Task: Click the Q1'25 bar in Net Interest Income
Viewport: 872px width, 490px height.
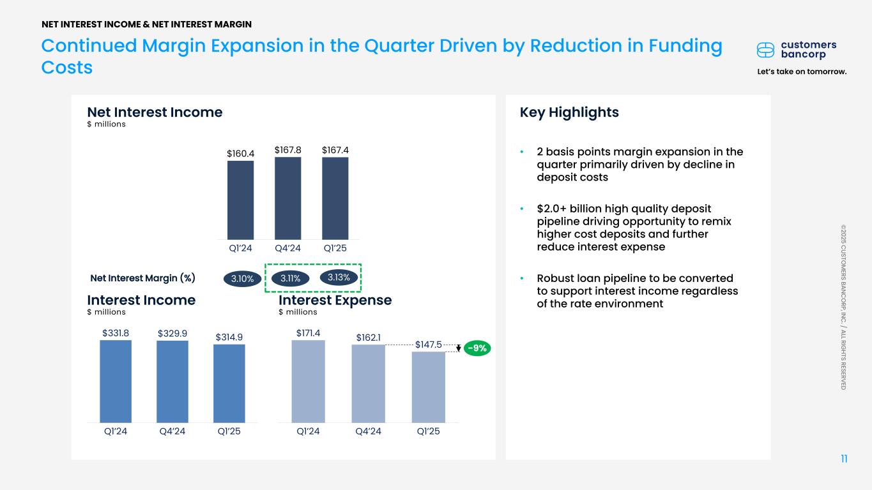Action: coord(335,198)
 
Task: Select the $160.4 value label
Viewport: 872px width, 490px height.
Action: coord(241,153)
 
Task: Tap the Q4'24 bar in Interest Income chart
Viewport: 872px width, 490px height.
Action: coord(172,382)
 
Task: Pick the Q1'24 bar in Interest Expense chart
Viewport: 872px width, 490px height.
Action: coord(308,381)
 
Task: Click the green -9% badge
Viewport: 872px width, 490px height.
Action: coord(477,348)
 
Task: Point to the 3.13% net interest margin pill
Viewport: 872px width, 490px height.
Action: coord(338,277)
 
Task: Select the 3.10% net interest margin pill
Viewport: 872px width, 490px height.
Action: coord(242,278)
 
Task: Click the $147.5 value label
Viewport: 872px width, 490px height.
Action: coord(429,345)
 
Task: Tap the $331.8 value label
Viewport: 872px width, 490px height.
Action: coord(116,332)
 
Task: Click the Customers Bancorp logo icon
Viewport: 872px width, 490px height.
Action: coord(766,50)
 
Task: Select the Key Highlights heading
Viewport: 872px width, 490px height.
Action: coord(569,112)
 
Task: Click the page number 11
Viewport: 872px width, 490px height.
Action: coord(844,459)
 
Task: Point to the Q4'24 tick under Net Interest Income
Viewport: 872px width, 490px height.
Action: coord(288,248)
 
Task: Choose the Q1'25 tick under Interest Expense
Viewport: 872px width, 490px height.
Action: coord(428,431)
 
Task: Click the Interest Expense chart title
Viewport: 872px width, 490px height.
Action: coord(335,300)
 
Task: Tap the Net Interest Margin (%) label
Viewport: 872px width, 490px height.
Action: coord(142,278)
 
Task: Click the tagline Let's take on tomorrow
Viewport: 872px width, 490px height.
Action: coord(802,71)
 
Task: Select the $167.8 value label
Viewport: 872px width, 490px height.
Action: coord(288,149)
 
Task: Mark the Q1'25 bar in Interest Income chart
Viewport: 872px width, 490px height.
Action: coord(229,383)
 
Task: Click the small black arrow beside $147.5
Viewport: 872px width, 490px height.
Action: coord(459,348)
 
